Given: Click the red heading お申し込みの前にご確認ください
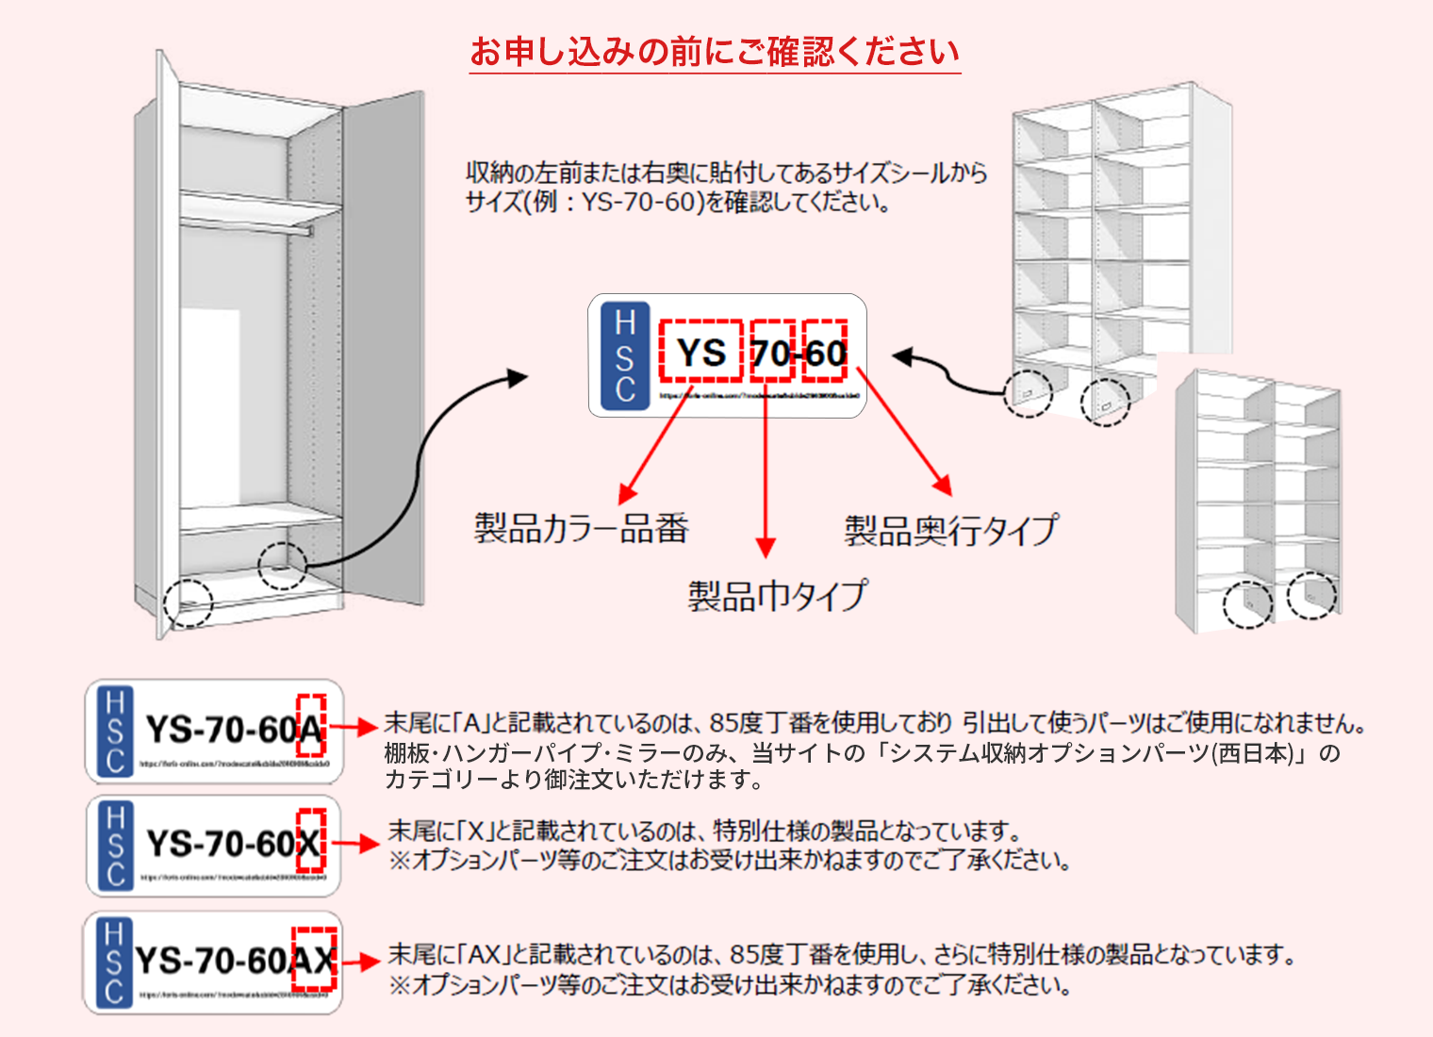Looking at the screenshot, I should click(x=715, y=52).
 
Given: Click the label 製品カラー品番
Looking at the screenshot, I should click(x=581, y=528).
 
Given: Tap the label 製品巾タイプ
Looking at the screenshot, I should click(x=777, y=596).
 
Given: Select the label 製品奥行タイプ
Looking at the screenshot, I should click(x=950, y=530).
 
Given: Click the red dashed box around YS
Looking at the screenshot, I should click(x=700, y=351).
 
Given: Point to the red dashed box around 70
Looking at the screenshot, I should click(x=772, y=351).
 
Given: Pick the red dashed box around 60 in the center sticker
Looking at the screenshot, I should click(x=825, y=351).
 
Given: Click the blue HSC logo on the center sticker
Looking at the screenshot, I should click(x=624, y=356).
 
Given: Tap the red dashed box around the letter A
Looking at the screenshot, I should click(x=311, y=726).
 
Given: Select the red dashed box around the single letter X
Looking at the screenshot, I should click(x=311, y=840).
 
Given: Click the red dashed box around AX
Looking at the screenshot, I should click(x=314, y=960).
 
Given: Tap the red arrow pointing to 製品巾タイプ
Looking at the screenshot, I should click(x=766, y=471).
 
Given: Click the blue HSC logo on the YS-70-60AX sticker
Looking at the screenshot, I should click(x=113, y=963).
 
